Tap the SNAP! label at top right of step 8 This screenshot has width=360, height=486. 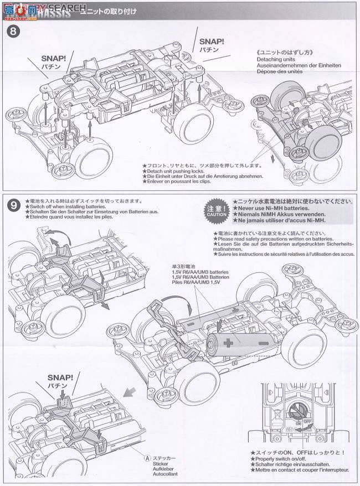[x=212, y=41]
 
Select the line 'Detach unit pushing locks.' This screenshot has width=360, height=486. [x=177, y=171]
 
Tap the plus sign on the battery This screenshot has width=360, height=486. [x=227, y=343]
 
